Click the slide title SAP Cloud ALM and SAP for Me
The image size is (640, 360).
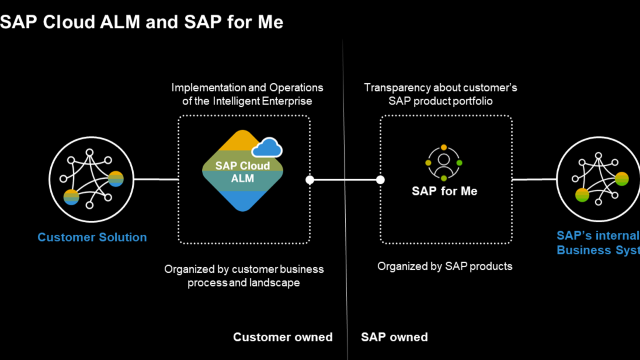click(141, 22)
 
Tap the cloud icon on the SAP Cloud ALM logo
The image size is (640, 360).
click(267, 148)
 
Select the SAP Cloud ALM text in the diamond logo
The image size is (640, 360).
click(243, 172)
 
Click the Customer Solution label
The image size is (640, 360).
click(92, 237)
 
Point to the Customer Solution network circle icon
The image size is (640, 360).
click(91, 179)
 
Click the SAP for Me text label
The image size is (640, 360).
click(444, 191)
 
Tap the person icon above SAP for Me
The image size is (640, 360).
click(444, 163)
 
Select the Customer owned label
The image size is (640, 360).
click(283, 337)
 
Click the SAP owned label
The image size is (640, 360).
click(394, 337)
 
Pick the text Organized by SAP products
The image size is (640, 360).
click(445, 266)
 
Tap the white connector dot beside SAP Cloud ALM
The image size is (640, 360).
click(310, 180)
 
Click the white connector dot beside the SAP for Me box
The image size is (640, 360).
click(380, 180)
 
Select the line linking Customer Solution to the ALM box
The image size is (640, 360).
click(156, 179)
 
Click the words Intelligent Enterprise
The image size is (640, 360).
click(262, 101)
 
